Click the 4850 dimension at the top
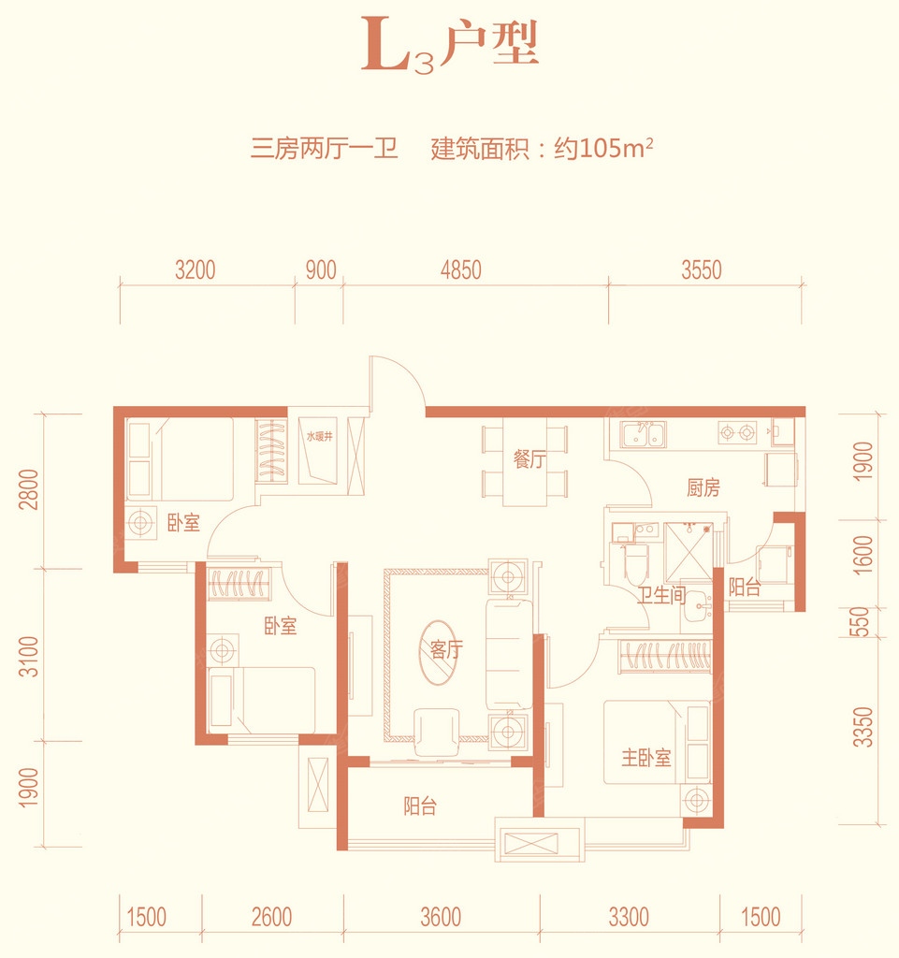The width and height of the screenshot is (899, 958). point(461,270)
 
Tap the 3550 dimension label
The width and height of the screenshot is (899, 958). point(701,270)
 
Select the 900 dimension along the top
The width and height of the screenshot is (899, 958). point(321,270)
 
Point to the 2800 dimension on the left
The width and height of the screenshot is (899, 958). point(29,489)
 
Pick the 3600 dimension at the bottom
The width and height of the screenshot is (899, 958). point(441,917)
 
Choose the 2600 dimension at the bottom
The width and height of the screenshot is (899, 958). point(271,917)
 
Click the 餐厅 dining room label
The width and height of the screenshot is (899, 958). point(529,458)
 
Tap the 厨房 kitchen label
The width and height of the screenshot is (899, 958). point(703,487)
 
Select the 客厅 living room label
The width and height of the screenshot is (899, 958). point(446,649)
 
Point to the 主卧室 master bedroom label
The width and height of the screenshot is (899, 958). point(646,758)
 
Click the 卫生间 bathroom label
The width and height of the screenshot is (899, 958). point(661,595)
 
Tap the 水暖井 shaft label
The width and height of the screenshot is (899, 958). point(319,436)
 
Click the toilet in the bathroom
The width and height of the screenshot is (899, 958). point(636,564)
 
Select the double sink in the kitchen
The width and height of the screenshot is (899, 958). point(643,434)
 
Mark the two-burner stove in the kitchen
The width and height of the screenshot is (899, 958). point(737,432)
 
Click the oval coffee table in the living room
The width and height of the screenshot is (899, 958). point(442,652)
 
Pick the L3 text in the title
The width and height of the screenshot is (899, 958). point(399,47)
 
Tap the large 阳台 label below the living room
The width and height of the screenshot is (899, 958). point(420,806)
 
